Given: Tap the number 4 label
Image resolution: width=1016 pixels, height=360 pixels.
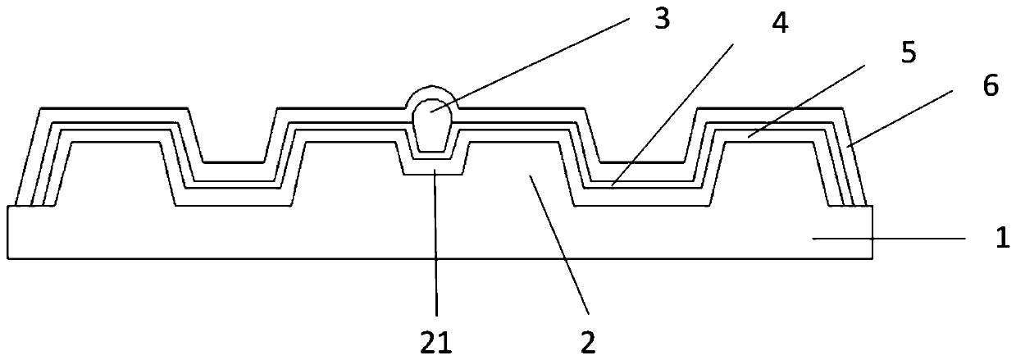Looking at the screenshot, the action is coord(780,25).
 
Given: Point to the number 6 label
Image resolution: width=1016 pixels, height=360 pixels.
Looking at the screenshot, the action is coord(990,87).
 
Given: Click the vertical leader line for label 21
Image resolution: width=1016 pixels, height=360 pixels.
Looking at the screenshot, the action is coord(436,246).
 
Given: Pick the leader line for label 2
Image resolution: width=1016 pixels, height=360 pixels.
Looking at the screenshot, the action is coord(558,246).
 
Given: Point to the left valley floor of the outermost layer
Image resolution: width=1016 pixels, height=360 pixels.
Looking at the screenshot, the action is coord(234,162).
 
